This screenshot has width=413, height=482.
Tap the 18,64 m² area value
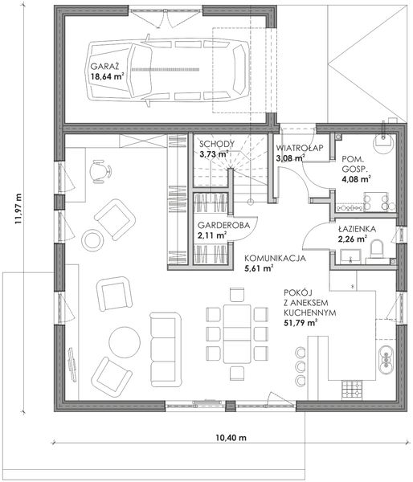pos(107,76)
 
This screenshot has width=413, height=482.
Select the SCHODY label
pos(217,144)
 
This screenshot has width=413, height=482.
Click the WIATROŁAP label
pos(300,148)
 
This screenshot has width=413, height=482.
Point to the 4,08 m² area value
pos(356,179)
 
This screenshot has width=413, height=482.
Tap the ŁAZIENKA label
pos(357,229)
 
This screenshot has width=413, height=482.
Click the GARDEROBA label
pos(223,225)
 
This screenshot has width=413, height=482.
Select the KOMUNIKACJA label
pos(275,258)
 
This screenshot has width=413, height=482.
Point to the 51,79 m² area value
pos(301,323)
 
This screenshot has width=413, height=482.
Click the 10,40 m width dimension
pos(231,438)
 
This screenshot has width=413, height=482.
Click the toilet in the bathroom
pos(377,250)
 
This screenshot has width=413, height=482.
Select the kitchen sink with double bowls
pos(386,359)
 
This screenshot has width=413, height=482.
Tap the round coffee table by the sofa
pos(125,342)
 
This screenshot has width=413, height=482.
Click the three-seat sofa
pos(166,349)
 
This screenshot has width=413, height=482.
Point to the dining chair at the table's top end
pos(237,295)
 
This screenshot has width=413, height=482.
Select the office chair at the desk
pos(100,172)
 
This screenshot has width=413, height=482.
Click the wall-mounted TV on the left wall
pos(72,364)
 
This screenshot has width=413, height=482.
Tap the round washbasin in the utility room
pos(382,144)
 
